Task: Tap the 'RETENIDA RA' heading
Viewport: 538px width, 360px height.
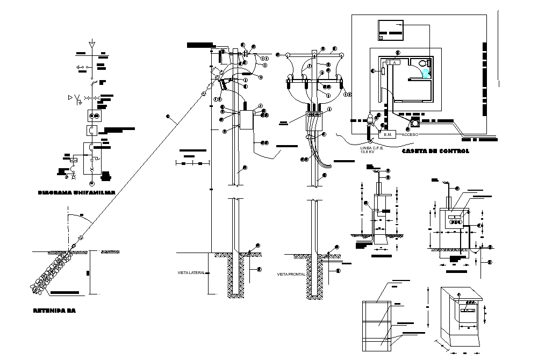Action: coord(54,310)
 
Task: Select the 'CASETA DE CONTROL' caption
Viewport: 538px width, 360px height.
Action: coord(435,152)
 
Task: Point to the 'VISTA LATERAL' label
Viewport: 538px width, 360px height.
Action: coord(191,273)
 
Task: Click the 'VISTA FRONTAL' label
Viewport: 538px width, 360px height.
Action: coord(291,275)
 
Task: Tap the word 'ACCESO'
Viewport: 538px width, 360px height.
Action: coord(410,134)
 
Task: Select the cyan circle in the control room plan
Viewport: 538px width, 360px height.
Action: coord(426,74)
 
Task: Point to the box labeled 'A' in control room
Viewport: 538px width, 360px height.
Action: coord(393,63)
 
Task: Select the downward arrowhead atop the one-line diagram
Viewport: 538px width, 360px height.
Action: coord(92,41)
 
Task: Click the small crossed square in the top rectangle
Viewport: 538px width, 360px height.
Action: coord(381,38)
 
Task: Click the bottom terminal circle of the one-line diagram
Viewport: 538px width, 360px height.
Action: coord(91,170)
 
